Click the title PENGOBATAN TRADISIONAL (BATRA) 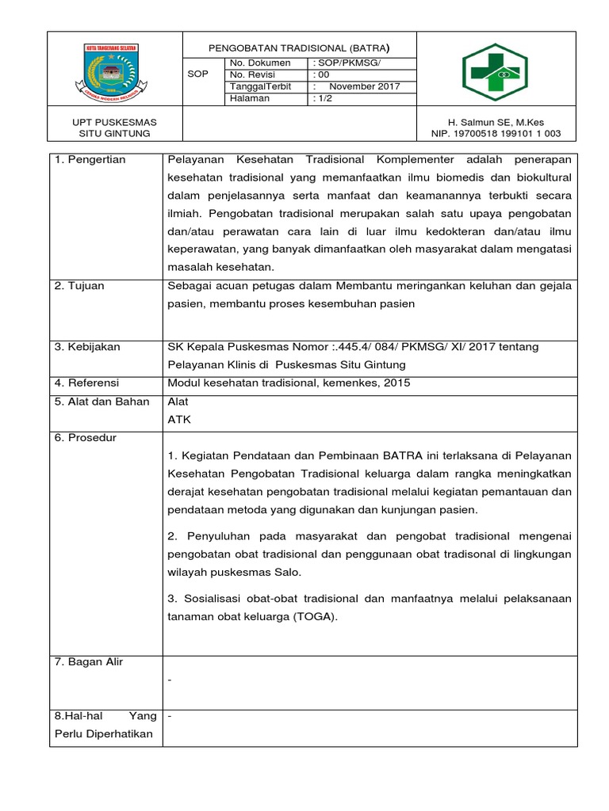(300, 46)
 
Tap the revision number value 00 (322, 74)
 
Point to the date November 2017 (364, 86)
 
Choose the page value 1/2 (324, 98)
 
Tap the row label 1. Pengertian (90, 160)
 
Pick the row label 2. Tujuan (79, 286)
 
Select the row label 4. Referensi (86, 383)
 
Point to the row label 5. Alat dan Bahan (101, 402)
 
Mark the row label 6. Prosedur (84, 438)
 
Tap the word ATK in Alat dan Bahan (179, 420)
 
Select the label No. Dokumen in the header (259, 63)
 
